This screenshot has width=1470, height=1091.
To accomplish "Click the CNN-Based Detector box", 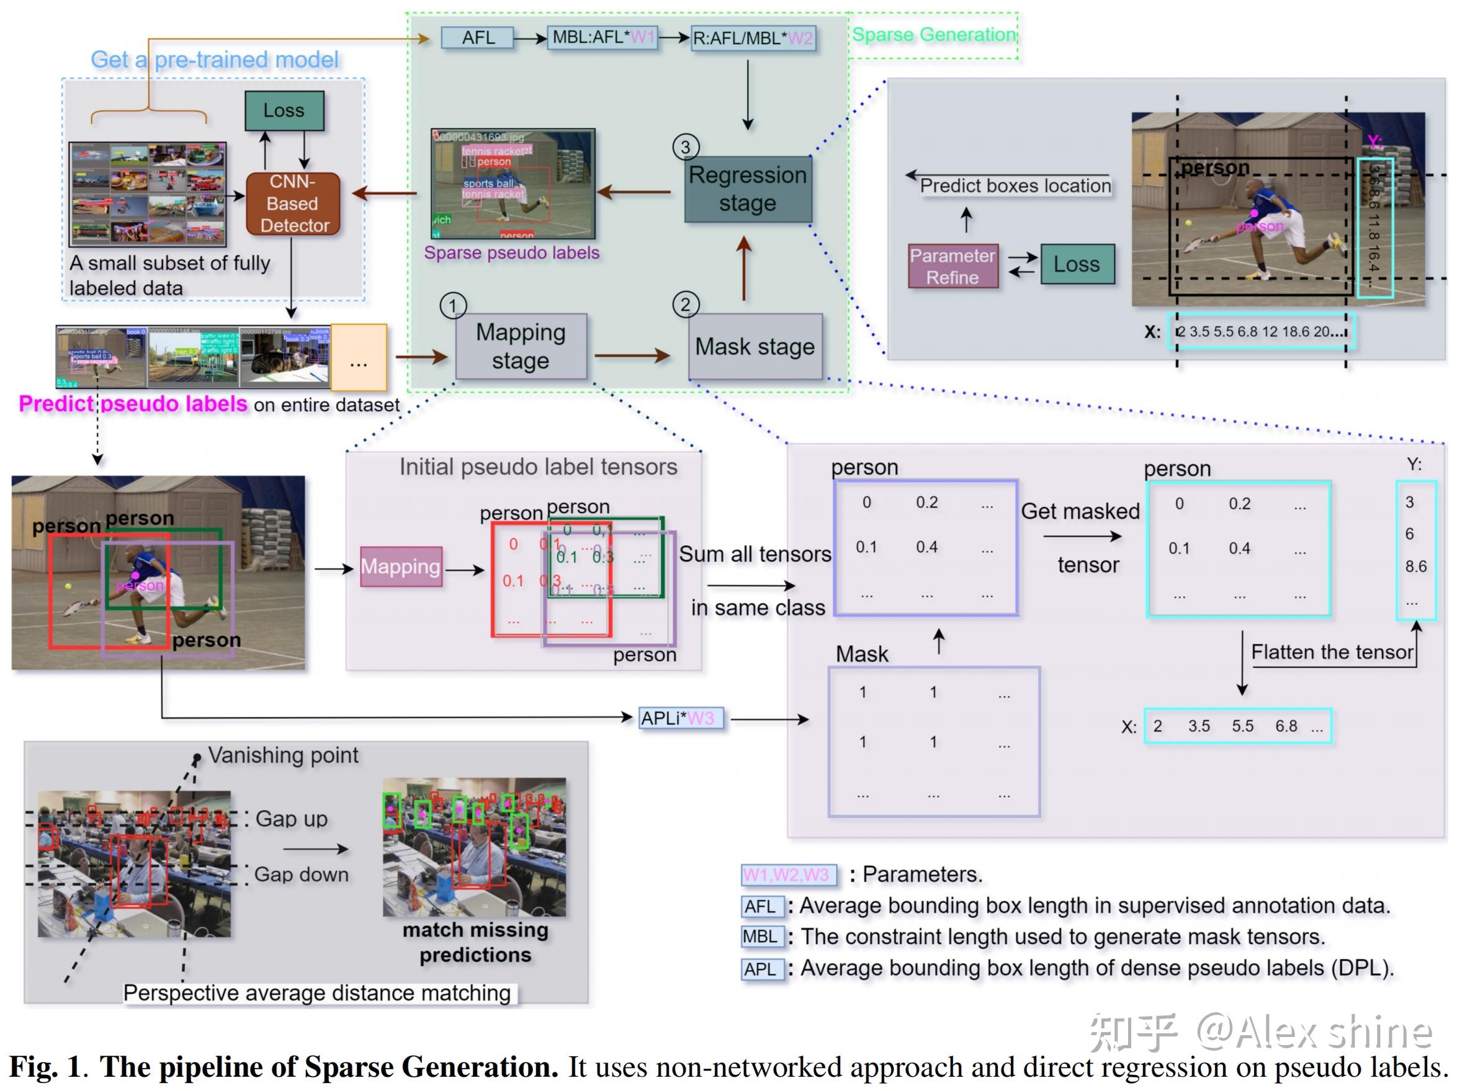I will point(293,203).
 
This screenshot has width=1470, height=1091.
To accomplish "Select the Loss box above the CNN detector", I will point(284,110).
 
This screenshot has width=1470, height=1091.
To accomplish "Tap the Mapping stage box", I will point(521,346).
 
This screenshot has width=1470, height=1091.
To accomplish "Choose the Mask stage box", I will point(755,347).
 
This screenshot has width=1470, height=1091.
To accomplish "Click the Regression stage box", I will point(747,189).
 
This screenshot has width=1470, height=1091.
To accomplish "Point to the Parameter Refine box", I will point(952,266).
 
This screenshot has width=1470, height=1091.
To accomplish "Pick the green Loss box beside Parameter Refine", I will point(1076,264).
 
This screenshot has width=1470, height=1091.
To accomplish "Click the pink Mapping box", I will point(400,567).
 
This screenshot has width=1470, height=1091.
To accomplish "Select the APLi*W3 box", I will point(681,718).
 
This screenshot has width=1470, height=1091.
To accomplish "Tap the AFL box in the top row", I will point(478,38).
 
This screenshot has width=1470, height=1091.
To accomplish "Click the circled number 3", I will point(685,146).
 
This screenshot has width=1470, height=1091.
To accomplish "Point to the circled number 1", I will point(452,306).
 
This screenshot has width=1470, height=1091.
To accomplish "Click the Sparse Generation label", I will point(933,35).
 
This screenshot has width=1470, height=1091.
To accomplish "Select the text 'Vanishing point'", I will point(283,755).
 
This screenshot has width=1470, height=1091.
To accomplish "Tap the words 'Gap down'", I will point(302,875).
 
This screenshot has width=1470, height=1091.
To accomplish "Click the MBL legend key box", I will point(761,937).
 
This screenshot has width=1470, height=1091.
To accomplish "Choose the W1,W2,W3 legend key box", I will point(788,875).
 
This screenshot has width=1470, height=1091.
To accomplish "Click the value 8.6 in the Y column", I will point(1415,566).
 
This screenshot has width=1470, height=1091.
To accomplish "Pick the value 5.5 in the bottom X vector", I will point(1242,726).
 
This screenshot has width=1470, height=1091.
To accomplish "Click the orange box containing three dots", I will point(358,357).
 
